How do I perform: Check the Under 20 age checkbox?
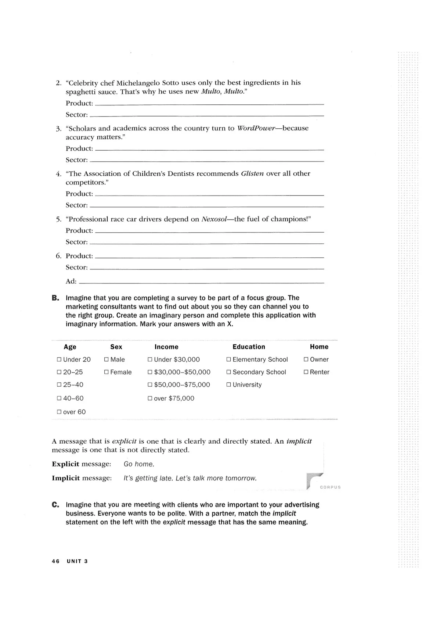coord(59,359)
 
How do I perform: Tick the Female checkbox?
coord(106,372)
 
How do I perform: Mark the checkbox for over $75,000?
coord(150,398)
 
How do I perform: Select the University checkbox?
coord(229,385)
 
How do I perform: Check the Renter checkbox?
coord(306,372)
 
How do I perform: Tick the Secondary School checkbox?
coord(229,372)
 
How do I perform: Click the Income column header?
coord(166,347)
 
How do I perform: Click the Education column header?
coord(249,347)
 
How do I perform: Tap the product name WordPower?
coord(256,128)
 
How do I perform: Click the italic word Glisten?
coord(252,173)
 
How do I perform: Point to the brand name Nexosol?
coord(214,219)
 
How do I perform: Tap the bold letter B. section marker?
coord(55,298)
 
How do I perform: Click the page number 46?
coord(55,561)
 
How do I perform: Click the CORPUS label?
coord(330,487)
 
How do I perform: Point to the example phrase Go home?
coord(139,464)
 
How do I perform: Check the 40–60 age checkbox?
coord(59,398)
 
